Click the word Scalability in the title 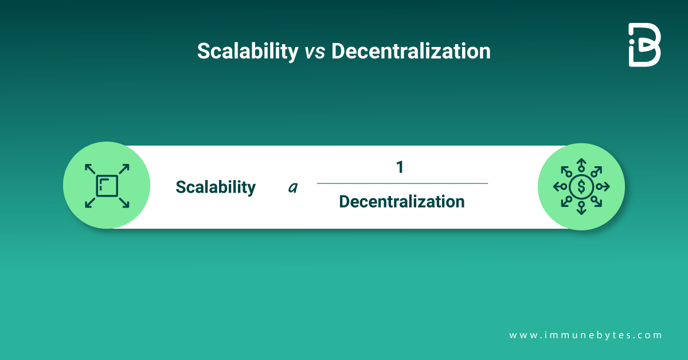[248, 51]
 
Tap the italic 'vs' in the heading [315, 52]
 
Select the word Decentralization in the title [411, 51]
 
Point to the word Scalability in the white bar [216, 187]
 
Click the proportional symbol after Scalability [293, 187]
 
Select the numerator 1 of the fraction [400, 167]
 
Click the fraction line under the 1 [402, 183]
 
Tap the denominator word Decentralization [402, 202]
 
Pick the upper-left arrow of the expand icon [90, 169]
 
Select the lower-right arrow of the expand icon [124, 203]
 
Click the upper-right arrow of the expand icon [124, 169]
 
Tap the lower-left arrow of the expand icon [90, 203]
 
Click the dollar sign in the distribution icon [581, 186]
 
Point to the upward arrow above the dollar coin [581, 165]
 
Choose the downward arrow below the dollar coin [581, 208]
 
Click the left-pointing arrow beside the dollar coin [560, 186]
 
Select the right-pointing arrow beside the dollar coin [603, 186]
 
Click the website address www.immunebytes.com [585, 335]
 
